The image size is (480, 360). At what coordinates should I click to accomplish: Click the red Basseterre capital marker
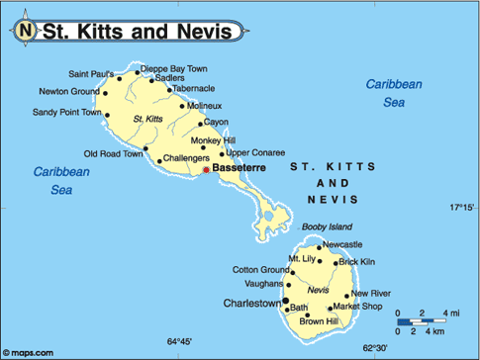(x=206, y=170)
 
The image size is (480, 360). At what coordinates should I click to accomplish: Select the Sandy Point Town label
(x=66, y=113)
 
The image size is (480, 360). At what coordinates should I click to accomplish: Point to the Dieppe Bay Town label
(x=174, y=68)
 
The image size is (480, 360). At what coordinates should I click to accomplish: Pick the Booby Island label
(x=327, y=226)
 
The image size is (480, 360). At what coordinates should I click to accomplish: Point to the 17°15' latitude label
(x=460, y=208)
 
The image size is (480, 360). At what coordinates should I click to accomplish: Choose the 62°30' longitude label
(x=377, y=346)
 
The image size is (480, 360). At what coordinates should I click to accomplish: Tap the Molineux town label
(x=205, y=106)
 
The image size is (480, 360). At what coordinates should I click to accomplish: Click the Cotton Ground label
(x=260, y=269)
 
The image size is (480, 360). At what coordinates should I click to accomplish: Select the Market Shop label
(x=357, y=307)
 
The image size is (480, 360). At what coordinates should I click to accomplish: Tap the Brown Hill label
(x=319, y=321)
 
